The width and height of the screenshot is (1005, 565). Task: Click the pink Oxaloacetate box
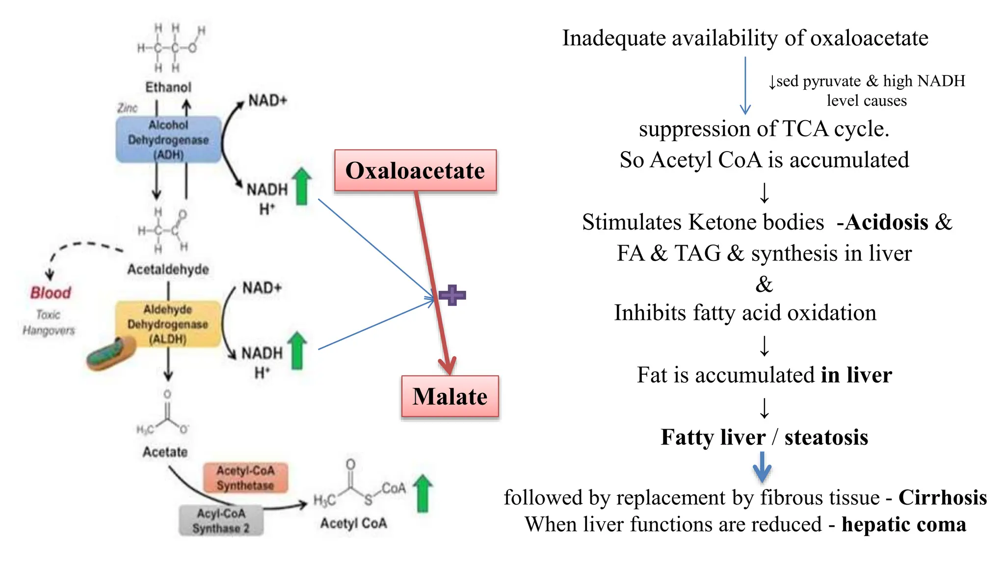(415, 171)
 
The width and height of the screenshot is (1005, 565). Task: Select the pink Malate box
(450, 396)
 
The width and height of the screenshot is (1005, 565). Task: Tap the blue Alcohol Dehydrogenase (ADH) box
(168, 140)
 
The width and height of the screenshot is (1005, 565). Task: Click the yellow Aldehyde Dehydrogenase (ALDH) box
(168, 324)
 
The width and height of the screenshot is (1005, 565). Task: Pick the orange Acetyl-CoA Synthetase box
(245, 478)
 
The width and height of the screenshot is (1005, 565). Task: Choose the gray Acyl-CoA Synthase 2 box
(221, 521)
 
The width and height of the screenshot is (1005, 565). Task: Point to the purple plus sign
(452, 295)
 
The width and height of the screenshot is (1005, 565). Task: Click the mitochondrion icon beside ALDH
(111, 354)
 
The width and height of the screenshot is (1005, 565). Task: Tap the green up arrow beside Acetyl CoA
(423, 493)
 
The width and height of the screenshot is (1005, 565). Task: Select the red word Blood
(51, 293)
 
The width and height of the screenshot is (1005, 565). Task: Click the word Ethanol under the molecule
(168, 87)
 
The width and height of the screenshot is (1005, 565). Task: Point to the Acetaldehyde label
(168, 269)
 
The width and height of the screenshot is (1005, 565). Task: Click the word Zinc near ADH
(128, 108)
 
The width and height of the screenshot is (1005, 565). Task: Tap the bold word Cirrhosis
(942, 497)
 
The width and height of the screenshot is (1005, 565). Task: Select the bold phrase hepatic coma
(903, 524)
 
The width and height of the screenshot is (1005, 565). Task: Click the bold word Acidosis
(886, 222)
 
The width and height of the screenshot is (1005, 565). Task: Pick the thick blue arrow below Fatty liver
(762, 467)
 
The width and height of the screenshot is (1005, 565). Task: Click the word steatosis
(826, 437)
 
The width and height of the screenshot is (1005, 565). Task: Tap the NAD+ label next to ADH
(267, 101)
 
